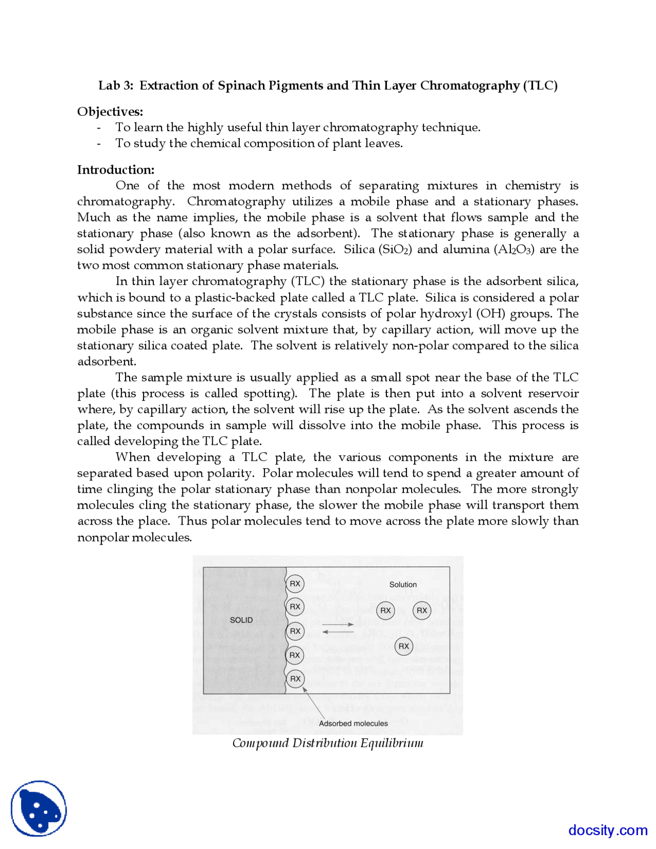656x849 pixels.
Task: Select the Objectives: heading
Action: [110, 112]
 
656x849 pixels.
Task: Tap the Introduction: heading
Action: [116, 170]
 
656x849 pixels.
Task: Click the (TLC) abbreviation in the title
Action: [540, 86]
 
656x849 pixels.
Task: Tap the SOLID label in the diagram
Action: [241, 620]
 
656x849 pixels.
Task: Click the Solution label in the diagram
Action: [403, 584]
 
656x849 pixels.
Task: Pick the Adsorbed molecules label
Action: [353, 723]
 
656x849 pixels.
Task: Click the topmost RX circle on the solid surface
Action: [295, 583]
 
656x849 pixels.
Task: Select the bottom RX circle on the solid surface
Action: [295, 679]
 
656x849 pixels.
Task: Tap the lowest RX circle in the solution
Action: [404, 646]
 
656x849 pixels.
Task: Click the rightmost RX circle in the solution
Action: [422, 611]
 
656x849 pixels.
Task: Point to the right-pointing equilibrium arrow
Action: [338, 624]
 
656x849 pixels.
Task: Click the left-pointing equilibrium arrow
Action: [338, 632]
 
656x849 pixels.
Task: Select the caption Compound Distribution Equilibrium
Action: [328, 743]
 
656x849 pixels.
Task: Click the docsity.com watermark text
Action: [608, 830]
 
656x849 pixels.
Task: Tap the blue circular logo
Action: [39, 808]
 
